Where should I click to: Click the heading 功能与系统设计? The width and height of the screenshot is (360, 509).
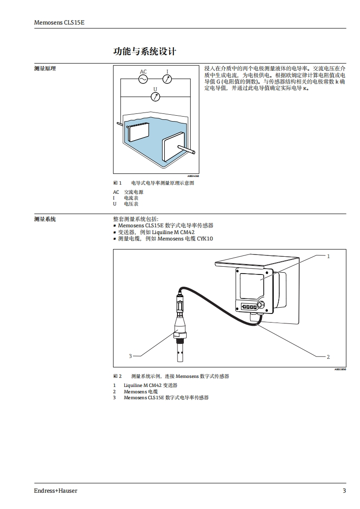[144, 51]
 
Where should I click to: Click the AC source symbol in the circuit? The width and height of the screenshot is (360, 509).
[143, 79]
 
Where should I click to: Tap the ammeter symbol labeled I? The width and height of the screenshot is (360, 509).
[167, 79]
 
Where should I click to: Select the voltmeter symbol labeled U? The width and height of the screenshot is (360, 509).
[155, 96]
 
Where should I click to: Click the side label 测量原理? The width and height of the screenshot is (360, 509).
[45, 69]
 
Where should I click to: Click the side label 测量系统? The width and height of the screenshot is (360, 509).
[45, 219]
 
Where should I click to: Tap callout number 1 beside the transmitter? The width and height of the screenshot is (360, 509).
[328, 256]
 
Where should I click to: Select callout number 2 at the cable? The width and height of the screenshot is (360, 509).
[328, 357]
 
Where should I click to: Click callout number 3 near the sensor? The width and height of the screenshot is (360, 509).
[130, 356]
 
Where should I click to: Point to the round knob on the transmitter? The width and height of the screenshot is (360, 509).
[260, 304]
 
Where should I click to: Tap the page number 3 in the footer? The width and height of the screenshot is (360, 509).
[344, 491]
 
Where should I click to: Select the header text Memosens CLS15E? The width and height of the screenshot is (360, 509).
[59, 22]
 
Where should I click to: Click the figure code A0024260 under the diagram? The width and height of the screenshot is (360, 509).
[193, 176]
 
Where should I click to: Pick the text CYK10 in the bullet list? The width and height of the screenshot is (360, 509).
[205, 239]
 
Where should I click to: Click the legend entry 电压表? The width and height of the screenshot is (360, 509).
[131, 204]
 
